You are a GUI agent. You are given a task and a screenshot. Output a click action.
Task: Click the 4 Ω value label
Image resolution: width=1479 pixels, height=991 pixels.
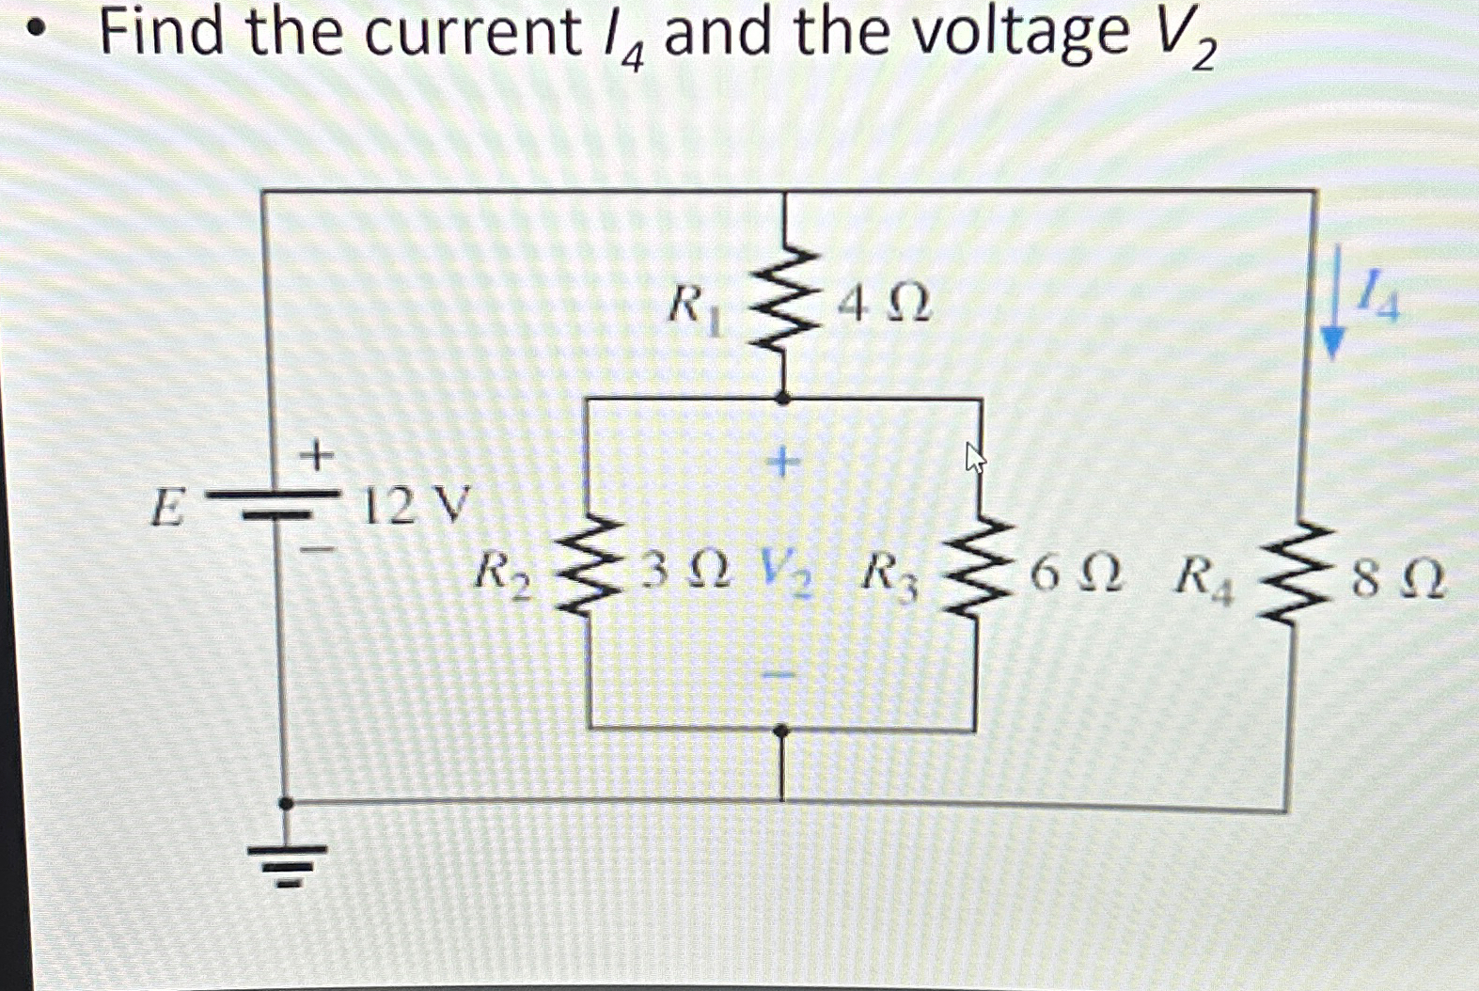click(884, 305)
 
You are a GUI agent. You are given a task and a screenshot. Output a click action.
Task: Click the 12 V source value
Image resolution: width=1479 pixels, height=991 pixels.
click(415, 506)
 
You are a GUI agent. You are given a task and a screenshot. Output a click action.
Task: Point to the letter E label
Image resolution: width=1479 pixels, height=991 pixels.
click(166, 510)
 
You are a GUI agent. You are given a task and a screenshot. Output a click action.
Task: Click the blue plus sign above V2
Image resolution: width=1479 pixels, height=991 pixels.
click(782, 461)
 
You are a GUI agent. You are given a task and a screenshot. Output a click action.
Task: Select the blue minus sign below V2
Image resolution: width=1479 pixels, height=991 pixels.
click(779, 674)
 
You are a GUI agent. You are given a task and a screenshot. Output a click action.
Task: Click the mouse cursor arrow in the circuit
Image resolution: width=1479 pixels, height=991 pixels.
click(975, 458)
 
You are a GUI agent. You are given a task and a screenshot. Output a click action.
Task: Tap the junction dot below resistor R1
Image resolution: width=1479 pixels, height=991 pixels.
click(783, 399)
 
